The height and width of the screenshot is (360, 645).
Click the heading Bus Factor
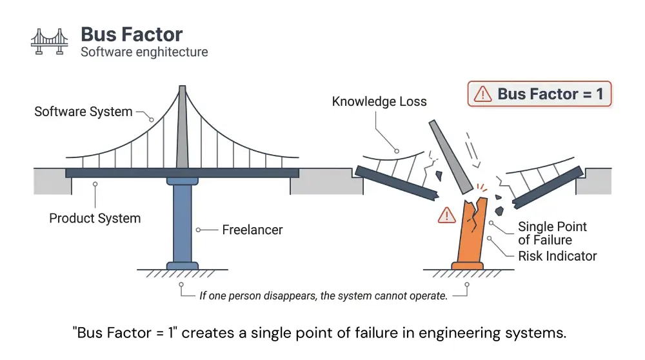coord(132,34)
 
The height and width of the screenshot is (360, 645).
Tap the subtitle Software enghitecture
coord(144,52)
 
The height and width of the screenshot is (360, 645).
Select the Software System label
coord(83,112)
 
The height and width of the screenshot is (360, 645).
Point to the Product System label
coord(95,218)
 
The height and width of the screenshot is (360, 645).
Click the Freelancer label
coord(252,229)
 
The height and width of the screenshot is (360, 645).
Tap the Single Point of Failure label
coord(553,233)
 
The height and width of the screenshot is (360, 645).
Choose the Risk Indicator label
coord(557,256)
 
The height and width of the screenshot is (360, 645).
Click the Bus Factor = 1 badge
coord(539,94)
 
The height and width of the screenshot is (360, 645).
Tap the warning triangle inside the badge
coord(482,95)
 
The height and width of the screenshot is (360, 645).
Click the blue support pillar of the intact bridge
coord(183,223)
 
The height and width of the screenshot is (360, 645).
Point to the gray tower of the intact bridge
coord(183,129)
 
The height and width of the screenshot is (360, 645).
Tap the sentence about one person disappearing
coord(322,295)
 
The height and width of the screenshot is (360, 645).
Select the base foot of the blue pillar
coord(183,265)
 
